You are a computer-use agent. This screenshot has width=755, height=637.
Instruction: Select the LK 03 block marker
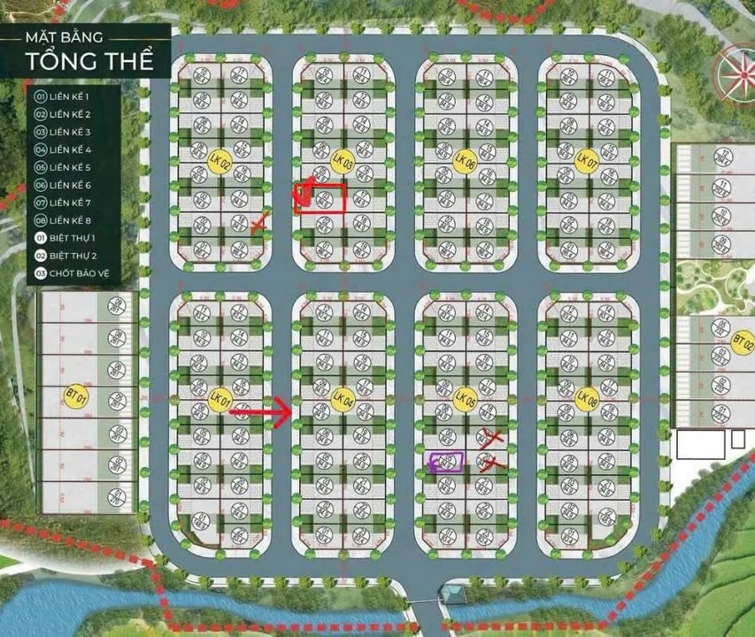tap(343, 162)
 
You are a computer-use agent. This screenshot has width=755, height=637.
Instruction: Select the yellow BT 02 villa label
tap(742, 342)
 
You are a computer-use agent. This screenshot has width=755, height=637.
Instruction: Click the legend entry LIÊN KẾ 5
tap(69, 167)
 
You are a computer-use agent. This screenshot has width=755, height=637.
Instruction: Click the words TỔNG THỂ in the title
tap(89, 61)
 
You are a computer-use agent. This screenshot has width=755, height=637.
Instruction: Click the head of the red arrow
tap(284, 410)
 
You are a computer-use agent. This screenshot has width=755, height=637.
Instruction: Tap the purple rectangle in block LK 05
tap(446, 461)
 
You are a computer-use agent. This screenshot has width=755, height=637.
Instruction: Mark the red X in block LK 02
tap(258, 225)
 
